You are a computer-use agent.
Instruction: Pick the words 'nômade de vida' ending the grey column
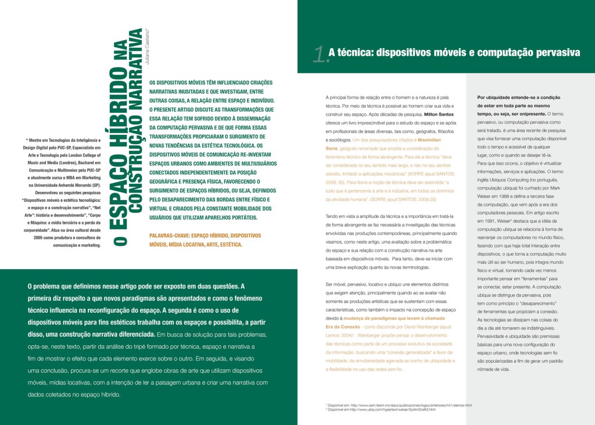pyautogui.click(x=493, y=369)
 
